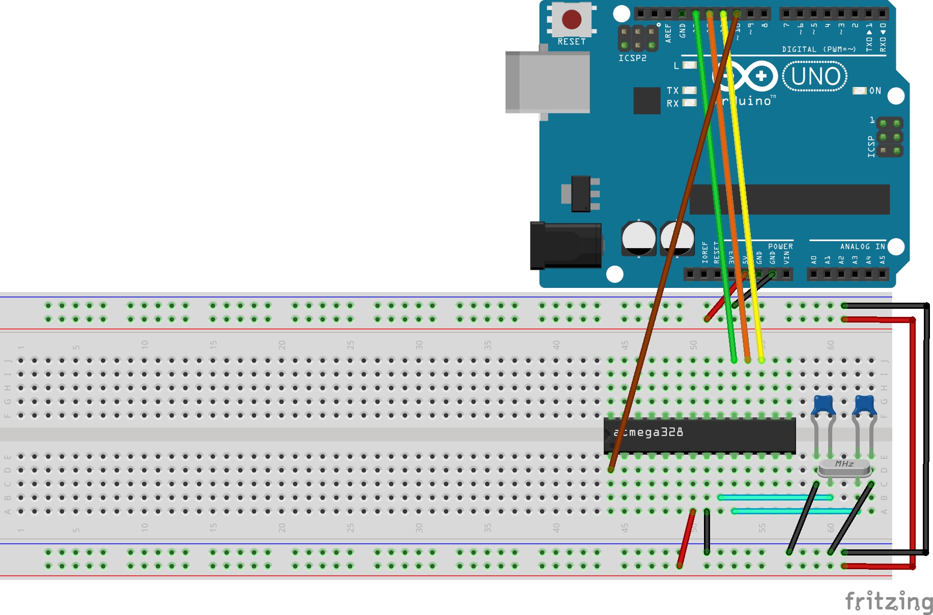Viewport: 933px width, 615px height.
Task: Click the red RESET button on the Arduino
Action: click(x=571, y=19)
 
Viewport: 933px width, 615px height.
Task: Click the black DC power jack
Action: click(x=566, y=246)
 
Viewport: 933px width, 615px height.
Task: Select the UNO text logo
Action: click(x=815, y=76)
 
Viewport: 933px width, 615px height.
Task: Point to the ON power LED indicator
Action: click(x=859, y=91)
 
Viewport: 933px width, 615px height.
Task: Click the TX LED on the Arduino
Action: click(x=689, y=90)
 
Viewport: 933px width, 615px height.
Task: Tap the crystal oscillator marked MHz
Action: click(x=844, y=467)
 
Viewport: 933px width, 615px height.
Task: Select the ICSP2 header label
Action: click(x=632, y=58)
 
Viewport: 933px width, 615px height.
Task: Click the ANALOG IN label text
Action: click(x=862, y=246)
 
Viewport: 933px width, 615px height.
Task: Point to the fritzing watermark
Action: click(x=889, y=602)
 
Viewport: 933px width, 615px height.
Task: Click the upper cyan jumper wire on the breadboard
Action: click(x=775, y=497)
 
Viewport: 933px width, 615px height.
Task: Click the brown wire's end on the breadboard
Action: click(x=611, y=469)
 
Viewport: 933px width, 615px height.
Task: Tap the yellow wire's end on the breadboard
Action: click(x=761, y=359)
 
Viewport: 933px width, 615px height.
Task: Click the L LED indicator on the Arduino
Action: click(x=689, y=65)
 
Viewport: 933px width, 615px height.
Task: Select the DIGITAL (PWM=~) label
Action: click(x=818, y=49)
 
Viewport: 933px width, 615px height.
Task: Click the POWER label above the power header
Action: click(x=780, y=246)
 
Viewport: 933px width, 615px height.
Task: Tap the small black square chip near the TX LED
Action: click(x=646, y=100)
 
